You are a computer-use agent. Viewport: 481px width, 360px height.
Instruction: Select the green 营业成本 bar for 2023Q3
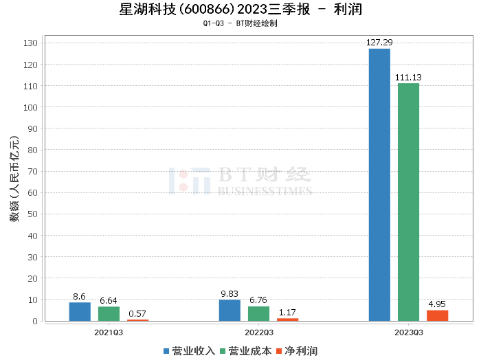click(408, 202)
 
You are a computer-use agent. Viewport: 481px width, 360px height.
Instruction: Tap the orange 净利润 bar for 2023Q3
click(437, 315)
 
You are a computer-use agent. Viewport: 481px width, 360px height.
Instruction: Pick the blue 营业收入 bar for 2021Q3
click(80, 312)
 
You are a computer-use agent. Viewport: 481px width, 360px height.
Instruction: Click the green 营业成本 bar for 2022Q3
click(258, 314)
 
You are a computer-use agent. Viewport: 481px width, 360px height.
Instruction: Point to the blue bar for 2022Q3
click(230, 311)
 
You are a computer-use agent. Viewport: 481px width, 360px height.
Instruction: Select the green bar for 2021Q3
click(109, 314)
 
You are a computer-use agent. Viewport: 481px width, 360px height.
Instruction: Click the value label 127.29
click(379, 43)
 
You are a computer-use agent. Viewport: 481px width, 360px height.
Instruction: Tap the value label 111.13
click(408, 78)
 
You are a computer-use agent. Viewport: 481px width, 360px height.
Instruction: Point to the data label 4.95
click(437, 304)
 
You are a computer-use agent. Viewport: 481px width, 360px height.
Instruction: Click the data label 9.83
click(230, 294)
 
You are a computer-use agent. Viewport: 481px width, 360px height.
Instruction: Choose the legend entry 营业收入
click(190, 350)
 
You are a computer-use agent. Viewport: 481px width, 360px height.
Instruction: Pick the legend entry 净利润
click(296, 350)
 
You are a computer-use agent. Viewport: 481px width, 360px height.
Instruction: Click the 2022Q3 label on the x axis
click(258, 332)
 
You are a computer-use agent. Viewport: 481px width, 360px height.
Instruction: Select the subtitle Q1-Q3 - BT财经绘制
click(240, 23)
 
